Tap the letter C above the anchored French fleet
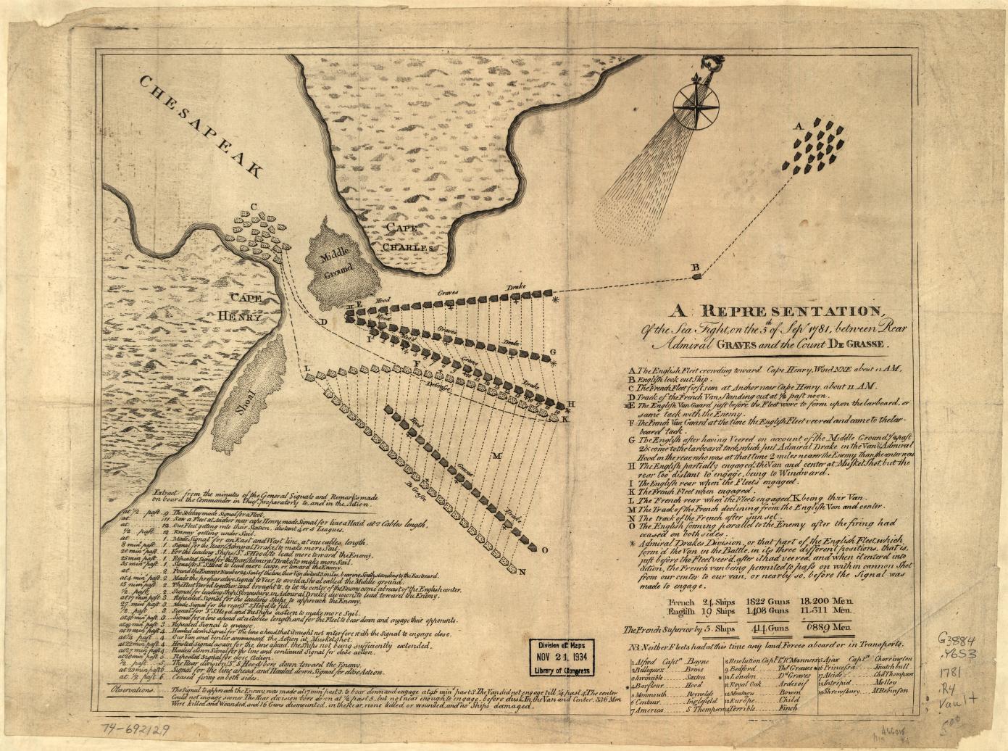coord(254,205)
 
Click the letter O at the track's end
coord(544,549)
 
